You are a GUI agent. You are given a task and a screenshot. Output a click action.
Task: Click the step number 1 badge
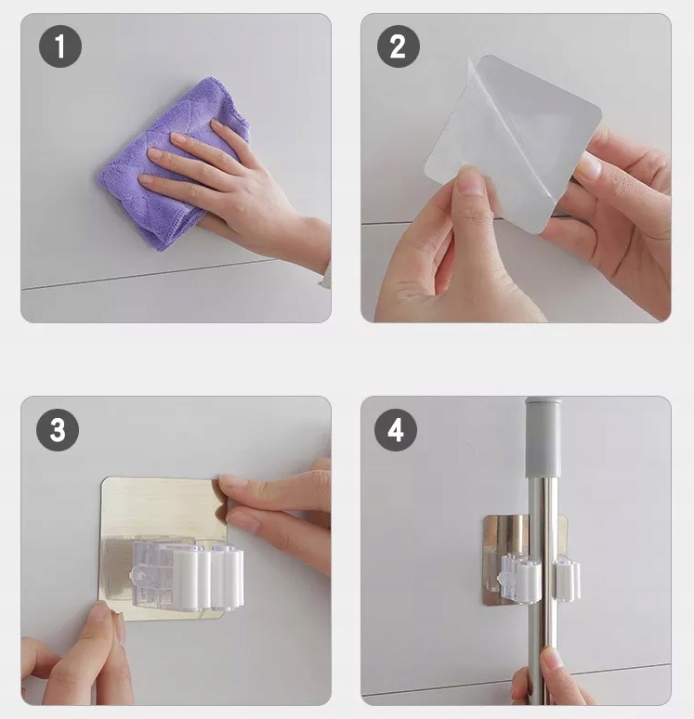(60, 46)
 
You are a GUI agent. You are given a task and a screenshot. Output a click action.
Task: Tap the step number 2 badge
(399, 46)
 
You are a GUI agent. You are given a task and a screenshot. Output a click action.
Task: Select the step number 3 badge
(58, 430)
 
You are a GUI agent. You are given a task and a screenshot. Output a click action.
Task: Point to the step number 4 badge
(396, 430)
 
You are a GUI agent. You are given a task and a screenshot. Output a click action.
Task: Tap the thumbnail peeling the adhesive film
(469, 180)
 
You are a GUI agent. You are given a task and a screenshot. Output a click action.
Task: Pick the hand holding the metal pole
(550, 679)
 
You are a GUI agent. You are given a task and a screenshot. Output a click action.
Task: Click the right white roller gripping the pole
(567, 578)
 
